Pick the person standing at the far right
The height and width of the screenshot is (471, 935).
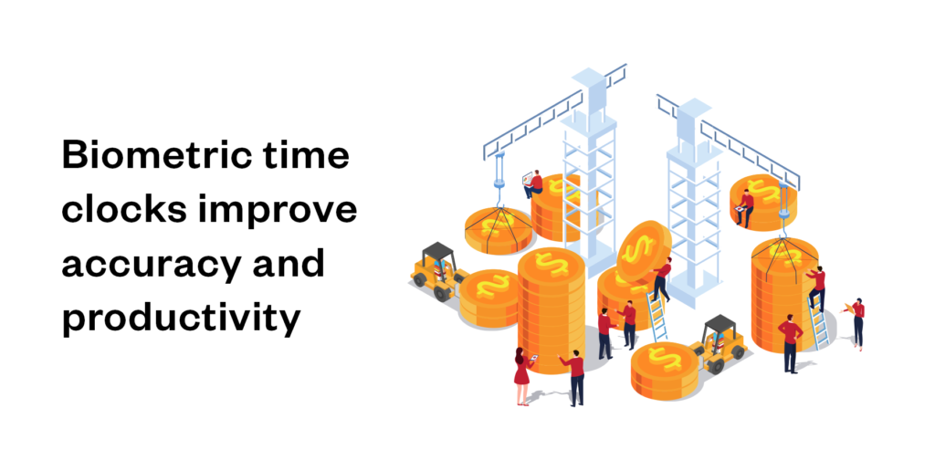[857, 321]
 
